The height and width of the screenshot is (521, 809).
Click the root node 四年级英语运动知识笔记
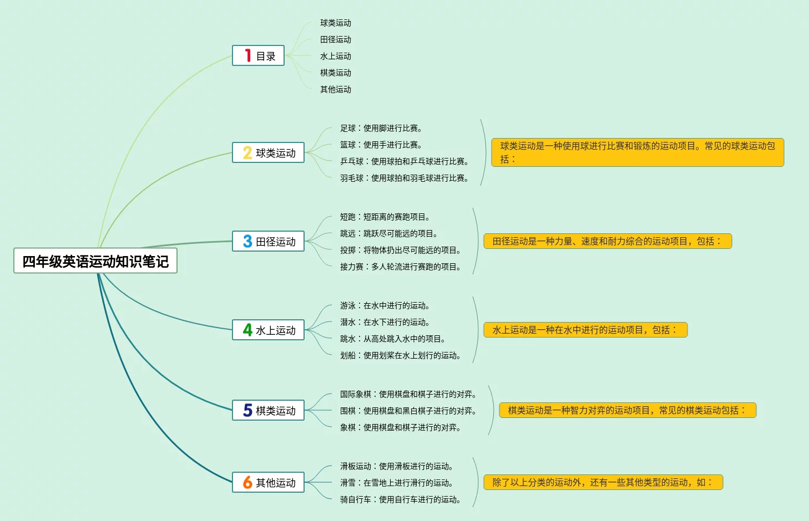[x=95, y=261]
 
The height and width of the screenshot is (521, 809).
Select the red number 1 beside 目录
[x=247, y=55]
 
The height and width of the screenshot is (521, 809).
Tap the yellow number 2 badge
[x=247, y=152]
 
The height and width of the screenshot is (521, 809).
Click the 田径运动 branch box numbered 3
[x=269, y=241]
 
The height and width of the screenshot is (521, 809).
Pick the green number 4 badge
[x=247, y=330]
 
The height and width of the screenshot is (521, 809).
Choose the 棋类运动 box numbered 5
[x=269, y=410]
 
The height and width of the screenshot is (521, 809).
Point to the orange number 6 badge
[x=247, y=482]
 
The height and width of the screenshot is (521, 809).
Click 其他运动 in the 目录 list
[x=335, y=89]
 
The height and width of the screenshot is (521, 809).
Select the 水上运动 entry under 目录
[x=335, y=56]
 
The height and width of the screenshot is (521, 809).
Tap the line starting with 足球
[x=381, y=128]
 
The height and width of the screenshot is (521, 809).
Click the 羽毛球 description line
[x=404, y=178]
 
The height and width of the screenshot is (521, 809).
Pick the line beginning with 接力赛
[x=400, y=267]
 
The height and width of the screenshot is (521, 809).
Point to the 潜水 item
[x=385, y=322]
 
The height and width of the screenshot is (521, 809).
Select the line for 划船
[x=400, y=355]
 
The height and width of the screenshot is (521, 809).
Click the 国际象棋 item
[x=408, y=394]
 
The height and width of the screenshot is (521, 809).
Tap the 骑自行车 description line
[x=400, y=499]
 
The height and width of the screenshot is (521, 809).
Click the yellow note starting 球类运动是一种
[x=638, y=152]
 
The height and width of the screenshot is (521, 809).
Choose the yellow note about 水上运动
[x=585, y=330]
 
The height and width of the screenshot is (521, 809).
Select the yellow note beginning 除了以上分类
[x=603, y=482]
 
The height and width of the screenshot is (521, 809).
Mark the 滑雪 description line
[x=396, y=483]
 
